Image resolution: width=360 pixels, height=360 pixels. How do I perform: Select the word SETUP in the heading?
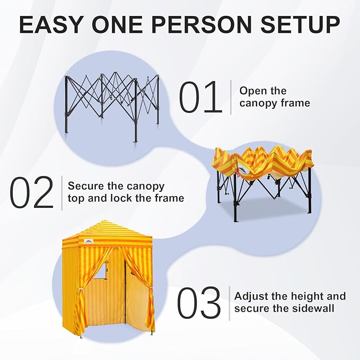pos(303,25)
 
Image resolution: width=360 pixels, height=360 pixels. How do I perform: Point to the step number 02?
pos(32,192)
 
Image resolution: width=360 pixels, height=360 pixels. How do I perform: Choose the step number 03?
pos(198,303)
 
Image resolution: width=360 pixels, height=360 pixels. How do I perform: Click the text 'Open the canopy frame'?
pos(274,96)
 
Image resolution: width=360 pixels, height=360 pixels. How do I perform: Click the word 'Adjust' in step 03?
pos(251,296)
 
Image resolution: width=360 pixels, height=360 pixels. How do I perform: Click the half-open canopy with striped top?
pos(262,178)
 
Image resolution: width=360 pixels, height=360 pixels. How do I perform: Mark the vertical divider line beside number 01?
pos(231,97)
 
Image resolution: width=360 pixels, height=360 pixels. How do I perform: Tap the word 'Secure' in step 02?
pos(86,187)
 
